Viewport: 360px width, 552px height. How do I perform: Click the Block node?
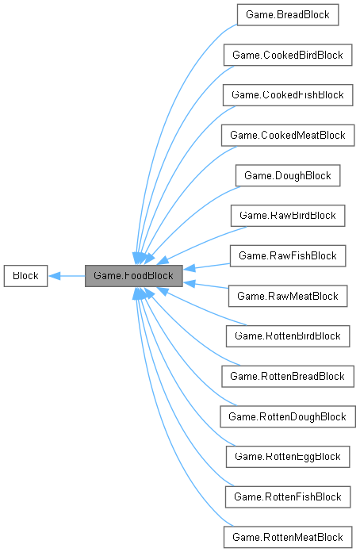(x=25, y=276)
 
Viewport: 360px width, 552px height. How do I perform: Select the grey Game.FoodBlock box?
(x=134, y=276)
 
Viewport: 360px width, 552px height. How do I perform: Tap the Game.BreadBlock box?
(x=287, y=14)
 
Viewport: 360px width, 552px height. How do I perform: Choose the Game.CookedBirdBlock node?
(x=287, y=55)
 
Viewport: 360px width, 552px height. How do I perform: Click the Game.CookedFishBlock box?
(x=287, y=94)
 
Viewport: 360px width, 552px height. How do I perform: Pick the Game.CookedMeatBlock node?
(x=287, y=135)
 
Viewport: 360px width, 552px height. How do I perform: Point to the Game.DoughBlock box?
(x=287, y=175)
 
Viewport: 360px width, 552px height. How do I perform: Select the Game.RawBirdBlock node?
(x=287, y=215)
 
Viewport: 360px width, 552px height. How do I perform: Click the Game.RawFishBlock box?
(x=287, y=255)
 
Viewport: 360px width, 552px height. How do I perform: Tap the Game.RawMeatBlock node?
(x=287, y=296)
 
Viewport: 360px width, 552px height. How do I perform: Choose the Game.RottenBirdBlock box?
(x=287, y=336)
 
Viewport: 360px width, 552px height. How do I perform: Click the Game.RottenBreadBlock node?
(x=287, y=376)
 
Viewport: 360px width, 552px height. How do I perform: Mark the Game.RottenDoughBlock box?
(x=287, y=416)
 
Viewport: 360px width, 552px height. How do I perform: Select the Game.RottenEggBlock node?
(x=287, y=457)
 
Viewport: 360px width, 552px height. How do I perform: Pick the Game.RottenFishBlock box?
(x=287, y=497)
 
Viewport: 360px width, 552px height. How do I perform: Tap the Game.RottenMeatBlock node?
(x=287, y=537)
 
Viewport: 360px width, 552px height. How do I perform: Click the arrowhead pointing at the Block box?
(x=54, y=276)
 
